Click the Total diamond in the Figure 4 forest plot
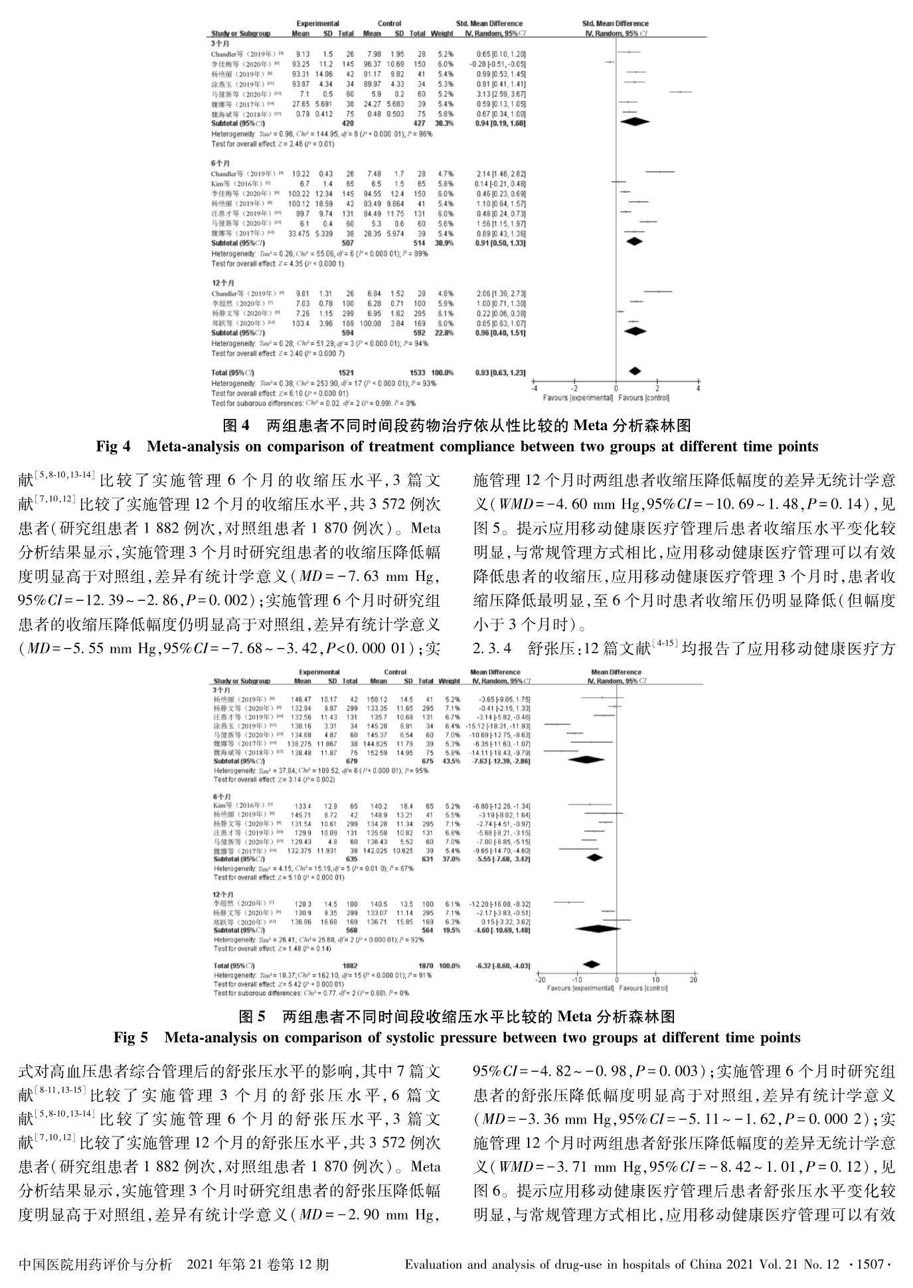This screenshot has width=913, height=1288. [635, 371]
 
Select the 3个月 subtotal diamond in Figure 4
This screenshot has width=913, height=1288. [634, 121]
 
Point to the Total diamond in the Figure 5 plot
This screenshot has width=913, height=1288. [591, 964]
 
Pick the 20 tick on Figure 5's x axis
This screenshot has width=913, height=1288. [694, 980]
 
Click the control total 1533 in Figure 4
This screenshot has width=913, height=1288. [417, 372]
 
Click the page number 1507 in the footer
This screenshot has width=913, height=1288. [872, 1263]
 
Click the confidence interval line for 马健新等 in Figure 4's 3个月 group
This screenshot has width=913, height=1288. [675, 92]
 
